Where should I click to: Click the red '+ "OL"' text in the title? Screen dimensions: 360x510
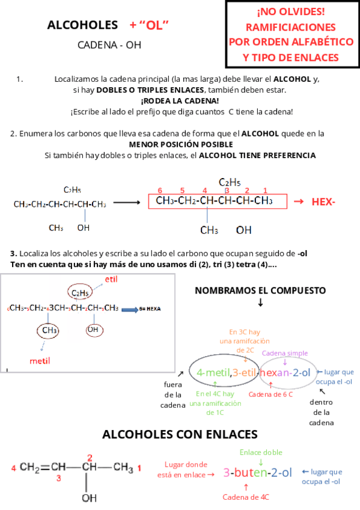click(148, 25)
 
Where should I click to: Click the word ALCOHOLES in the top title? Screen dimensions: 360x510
click(82, 25)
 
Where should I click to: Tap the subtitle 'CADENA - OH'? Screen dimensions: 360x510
click(109, 45)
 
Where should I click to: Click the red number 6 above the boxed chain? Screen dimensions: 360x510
click(160, 190)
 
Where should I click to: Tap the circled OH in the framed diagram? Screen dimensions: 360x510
click(93, 330)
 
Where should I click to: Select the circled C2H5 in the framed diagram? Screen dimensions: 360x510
click(80, 293)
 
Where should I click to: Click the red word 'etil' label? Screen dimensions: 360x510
click(111, 280)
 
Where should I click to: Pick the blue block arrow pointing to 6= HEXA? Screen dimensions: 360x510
click(129, 309)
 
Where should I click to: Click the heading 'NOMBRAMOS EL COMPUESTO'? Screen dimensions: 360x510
click(260, 290)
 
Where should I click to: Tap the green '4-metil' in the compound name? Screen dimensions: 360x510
click(213, 372)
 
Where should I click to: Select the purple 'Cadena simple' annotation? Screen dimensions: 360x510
click(285, 353)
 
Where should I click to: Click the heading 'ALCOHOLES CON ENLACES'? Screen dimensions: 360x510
click(180, 434)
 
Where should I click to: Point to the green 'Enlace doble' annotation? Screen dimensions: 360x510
click(261, 452)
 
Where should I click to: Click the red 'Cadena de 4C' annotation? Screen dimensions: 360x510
click(246, 497)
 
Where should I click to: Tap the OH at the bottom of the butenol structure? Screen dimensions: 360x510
click(89, 498)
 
